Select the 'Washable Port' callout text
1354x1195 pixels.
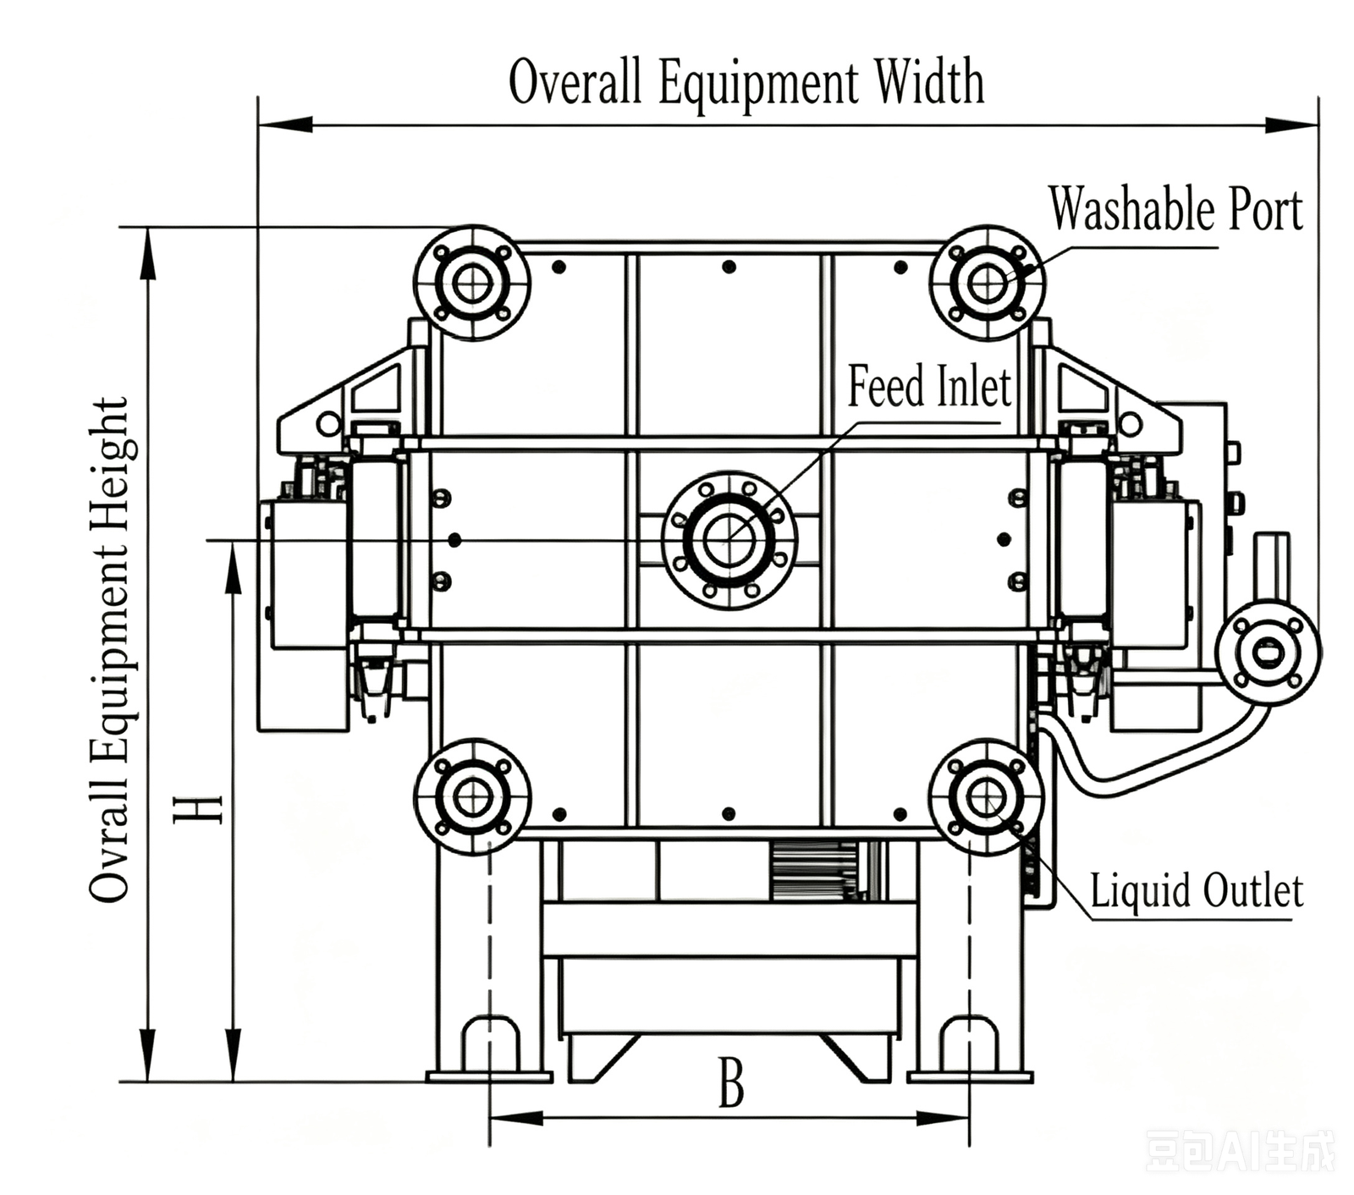1175,208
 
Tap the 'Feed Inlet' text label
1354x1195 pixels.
929,386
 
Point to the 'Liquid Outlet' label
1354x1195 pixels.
1196,890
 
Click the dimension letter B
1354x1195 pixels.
731,1082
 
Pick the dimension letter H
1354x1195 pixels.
198,809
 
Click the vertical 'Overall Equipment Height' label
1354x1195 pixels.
110,650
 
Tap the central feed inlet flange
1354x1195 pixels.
729,539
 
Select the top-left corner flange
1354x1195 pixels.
472,283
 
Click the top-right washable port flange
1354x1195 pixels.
988,283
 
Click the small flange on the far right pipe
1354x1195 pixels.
1268,652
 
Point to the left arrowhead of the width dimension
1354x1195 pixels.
285,125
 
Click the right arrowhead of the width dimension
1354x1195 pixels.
1291,125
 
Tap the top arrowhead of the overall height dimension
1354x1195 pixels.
148,253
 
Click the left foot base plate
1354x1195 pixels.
489,1077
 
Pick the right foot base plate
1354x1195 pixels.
970,1077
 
